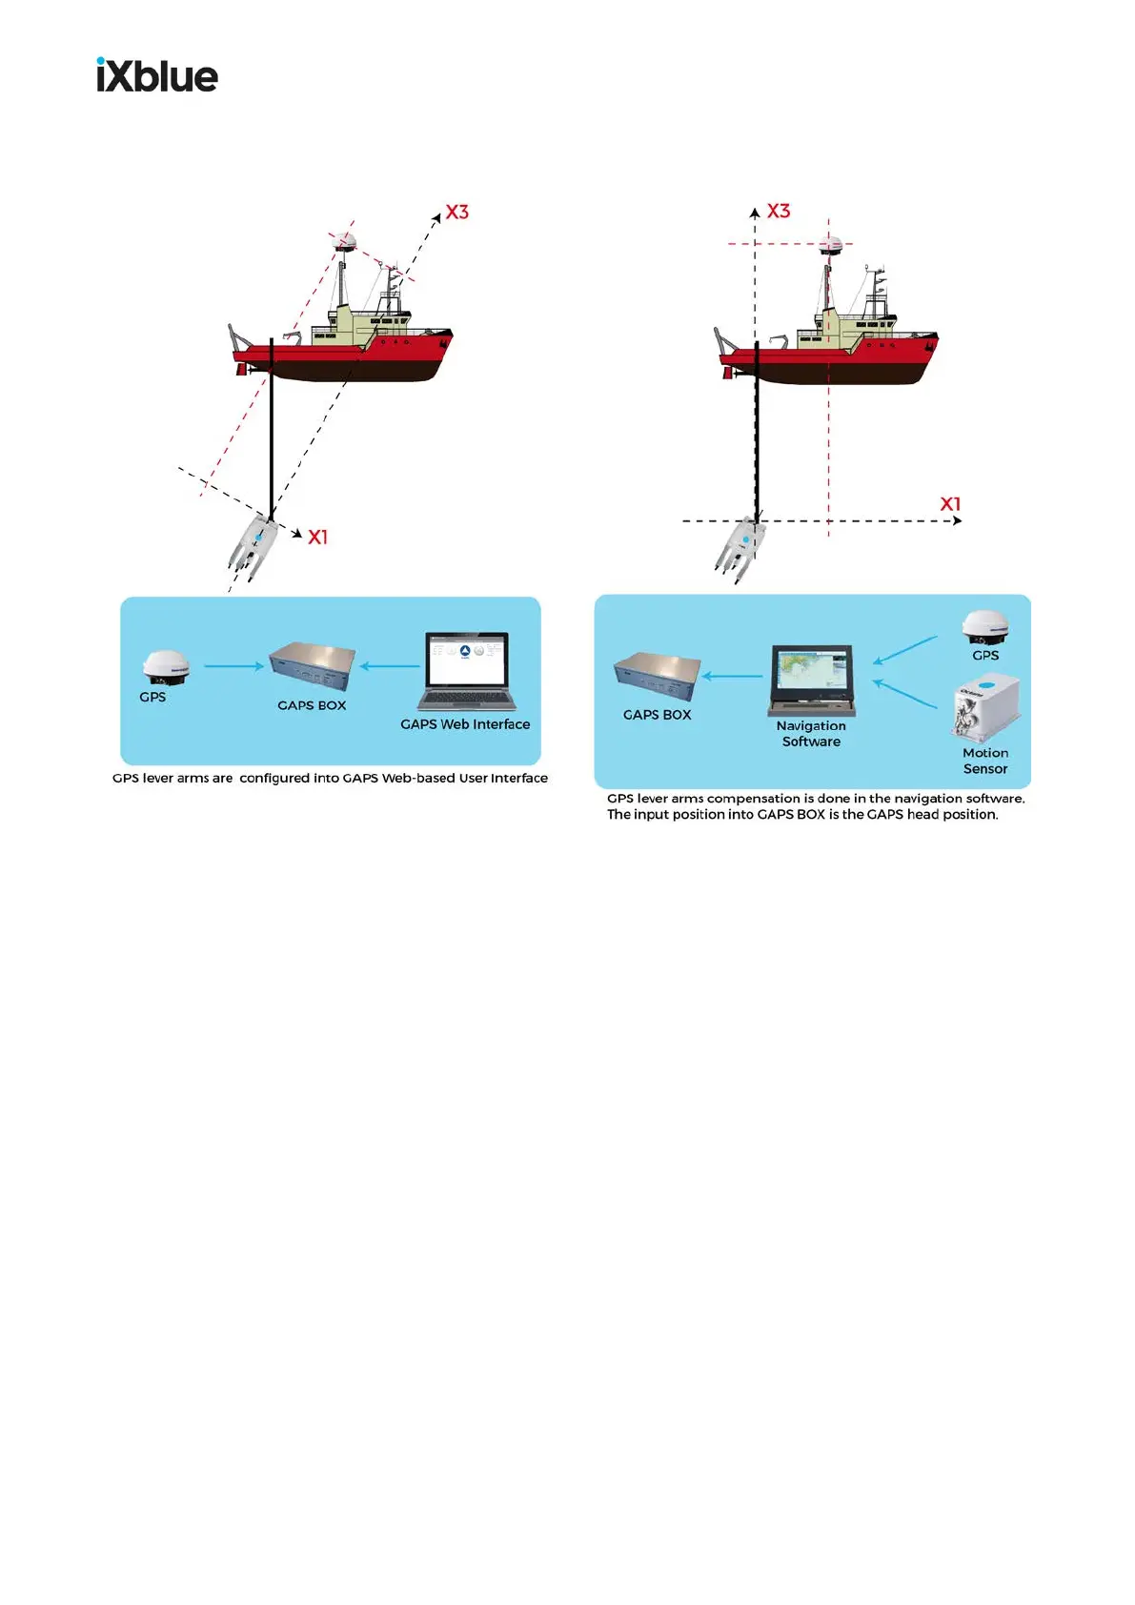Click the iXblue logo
tap(157, 75)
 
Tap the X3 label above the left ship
tap(457, 213)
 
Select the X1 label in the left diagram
tap(317, 538)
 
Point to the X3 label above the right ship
tap(779, 211)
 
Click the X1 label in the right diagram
tap(950, 504)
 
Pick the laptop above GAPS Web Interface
tap(466, 671)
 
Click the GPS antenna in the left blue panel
tap(166, 668)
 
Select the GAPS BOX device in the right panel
tap(658, 676)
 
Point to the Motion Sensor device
tap(985, 706)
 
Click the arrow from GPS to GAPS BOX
tap(234, 666)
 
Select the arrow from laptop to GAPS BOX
tap(390, 666)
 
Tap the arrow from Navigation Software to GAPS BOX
tap(734, 677)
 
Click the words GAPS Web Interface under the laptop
tap(465, 724)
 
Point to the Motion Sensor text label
tap(985, 761)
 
